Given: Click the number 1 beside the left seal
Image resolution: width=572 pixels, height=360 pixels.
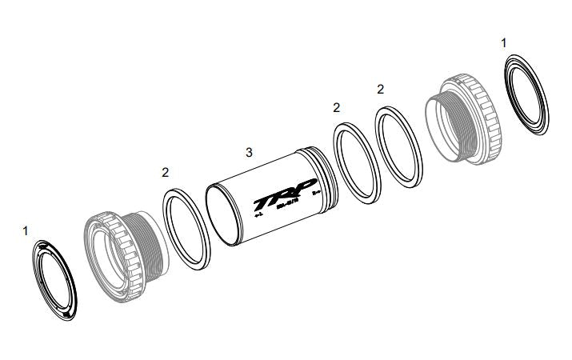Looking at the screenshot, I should (x=26, y=230).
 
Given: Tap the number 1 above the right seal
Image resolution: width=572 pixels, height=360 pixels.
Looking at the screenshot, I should (x=503, y=42).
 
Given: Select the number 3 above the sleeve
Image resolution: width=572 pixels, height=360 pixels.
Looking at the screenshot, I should (x=249, y=151).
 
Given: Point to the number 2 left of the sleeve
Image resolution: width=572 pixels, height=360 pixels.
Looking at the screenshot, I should (x=165, y=172).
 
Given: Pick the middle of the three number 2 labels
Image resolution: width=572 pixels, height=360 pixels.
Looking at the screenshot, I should (x=336, y=107).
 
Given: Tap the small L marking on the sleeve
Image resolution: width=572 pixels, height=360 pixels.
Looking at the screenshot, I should (x=257, y=214).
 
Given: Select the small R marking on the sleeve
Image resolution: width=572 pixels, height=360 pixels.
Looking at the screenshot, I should (x=315, y=192).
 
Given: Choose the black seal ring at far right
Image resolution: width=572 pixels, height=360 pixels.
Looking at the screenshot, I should (x=530, y=93).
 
